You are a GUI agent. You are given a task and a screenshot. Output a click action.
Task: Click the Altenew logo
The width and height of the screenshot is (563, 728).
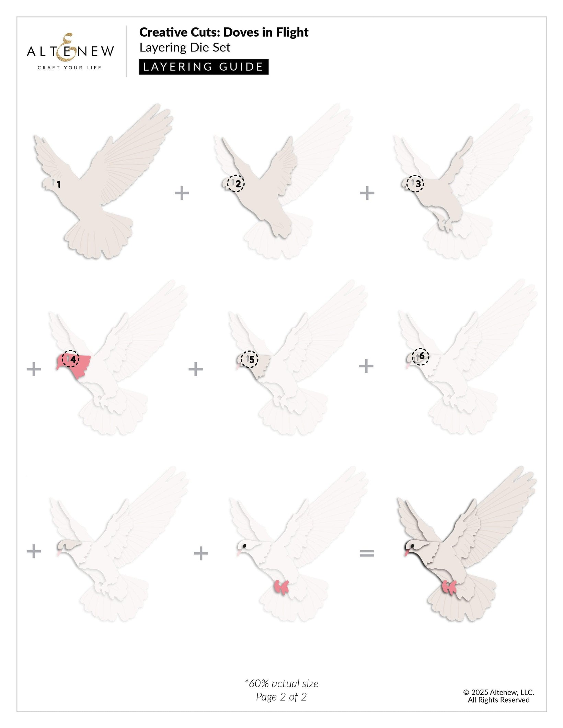click(x=70, y=51)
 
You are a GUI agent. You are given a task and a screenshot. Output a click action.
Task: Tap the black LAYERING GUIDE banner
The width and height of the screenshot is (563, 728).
click(x=204, y=67)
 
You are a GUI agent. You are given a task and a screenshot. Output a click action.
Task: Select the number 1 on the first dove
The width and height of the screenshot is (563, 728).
click(x=59, y=185)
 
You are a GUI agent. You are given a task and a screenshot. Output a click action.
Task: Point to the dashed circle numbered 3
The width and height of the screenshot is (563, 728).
click(x=415, y=184)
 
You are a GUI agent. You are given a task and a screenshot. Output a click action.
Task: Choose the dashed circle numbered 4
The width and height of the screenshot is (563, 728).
click(x=70, y=359)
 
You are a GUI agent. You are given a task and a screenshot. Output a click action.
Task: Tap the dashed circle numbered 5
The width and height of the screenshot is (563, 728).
click(x=249, y=359)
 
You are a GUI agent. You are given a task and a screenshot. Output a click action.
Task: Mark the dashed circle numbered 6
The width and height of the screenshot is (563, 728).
click(x=421, y=356)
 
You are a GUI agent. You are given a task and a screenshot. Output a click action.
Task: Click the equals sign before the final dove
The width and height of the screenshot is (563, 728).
click(x=367, y=553)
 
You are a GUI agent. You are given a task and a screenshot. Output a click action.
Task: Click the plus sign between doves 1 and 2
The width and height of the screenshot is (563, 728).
click(x=182, y=193)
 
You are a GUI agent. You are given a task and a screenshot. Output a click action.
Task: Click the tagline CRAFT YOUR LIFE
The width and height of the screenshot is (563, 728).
click(x=70, y=68)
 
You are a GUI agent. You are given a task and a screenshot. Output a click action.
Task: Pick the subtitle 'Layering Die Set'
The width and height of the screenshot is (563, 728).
click(x=185, y=47)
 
